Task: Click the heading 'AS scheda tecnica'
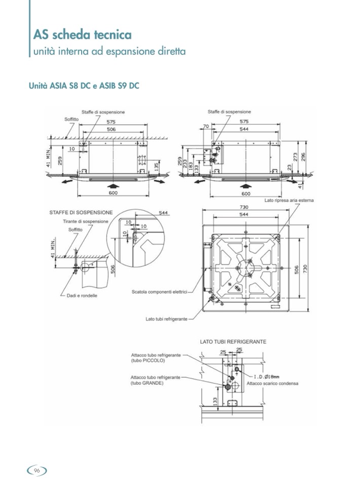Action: [x=82, y=35]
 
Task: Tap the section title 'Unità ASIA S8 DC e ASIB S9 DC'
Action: [x=84, y=86]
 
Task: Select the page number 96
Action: [x=37, y=471]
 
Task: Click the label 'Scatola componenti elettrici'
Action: [x=159, y=292]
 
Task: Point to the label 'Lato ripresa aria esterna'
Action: [x=289, y=201]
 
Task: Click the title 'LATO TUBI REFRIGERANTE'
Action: [x=233, y=342]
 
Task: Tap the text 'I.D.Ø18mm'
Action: [x=266, y=376]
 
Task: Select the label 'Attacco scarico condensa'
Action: [x=272, y=383]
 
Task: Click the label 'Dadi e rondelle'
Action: [x=82, y=295]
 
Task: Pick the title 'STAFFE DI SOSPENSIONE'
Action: [x=81, y=212]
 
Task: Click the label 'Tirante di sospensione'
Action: [x=85, y=221]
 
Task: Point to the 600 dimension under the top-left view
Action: [x=114, y=193]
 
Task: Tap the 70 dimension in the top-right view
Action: [x=206, y=126]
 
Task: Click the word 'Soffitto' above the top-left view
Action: [x=71, y=119]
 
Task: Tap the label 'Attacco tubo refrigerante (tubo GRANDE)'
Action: [x=155, y=380]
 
